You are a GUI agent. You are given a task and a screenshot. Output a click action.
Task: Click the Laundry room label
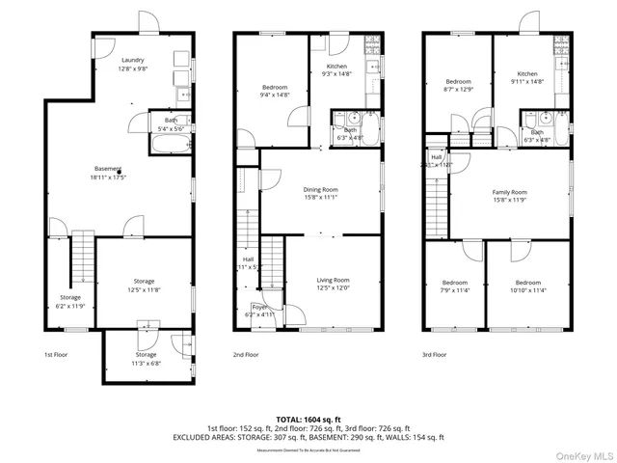132,65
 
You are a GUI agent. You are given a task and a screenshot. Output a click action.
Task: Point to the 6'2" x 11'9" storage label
70,301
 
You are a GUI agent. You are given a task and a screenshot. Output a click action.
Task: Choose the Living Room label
333,284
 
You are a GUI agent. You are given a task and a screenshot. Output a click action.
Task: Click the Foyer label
259,311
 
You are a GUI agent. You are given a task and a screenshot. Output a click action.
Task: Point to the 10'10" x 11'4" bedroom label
527,286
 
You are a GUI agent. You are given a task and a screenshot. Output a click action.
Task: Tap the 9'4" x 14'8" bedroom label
275,91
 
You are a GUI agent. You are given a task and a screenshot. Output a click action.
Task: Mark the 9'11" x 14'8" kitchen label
526,78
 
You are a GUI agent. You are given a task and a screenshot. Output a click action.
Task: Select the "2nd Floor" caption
245,355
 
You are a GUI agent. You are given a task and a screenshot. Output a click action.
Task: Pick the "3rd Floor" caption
434,355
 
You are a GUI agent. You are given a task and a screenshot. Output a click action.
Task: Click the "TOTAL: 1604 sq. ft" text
308,419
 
